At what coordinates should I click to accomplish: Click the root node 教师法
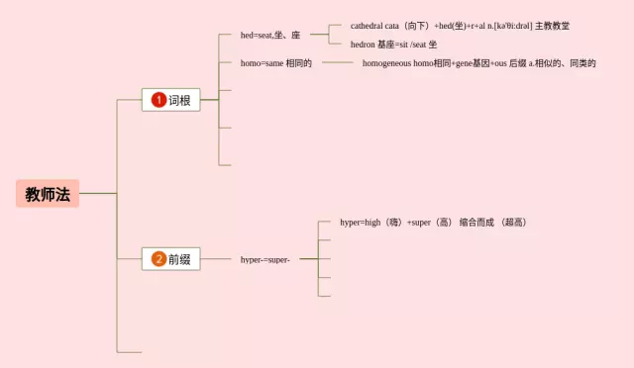pos(48,194)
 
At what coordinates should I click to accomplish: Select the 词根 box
pos(171,100)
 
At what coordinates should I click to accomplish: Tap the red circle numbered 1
pos(158,100)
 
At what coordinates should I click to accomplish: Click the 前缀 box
pos(171,259)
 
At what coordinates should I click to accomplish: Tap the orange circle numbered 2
pos(158,259)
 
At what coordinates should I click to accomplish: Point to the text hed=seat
pos(257,36)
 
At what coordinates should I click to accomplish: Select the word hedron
pos(363,45)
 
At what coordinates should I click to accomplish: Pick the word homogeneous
pos(386,63)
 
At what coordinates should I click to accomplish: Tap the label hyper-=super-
pos(265,260)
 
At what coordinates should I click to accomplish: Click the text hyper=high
pos(361,223)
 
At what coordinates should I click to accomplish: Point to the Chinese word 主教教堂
pos(553,26)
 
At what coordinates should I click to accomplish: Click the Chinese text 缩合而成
pos(476,223)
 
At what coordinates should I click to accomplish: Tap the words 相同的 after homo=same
pos(299,63)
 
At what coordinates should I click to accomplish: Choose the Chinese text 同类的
pos(582,63)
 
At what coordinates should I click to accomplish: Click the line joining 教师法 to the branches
pos(98,194)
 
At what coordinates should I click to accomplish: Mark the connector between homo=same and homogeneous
pos(338,62)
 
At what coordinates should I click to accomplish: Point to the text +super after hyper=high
pos(418,223)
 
